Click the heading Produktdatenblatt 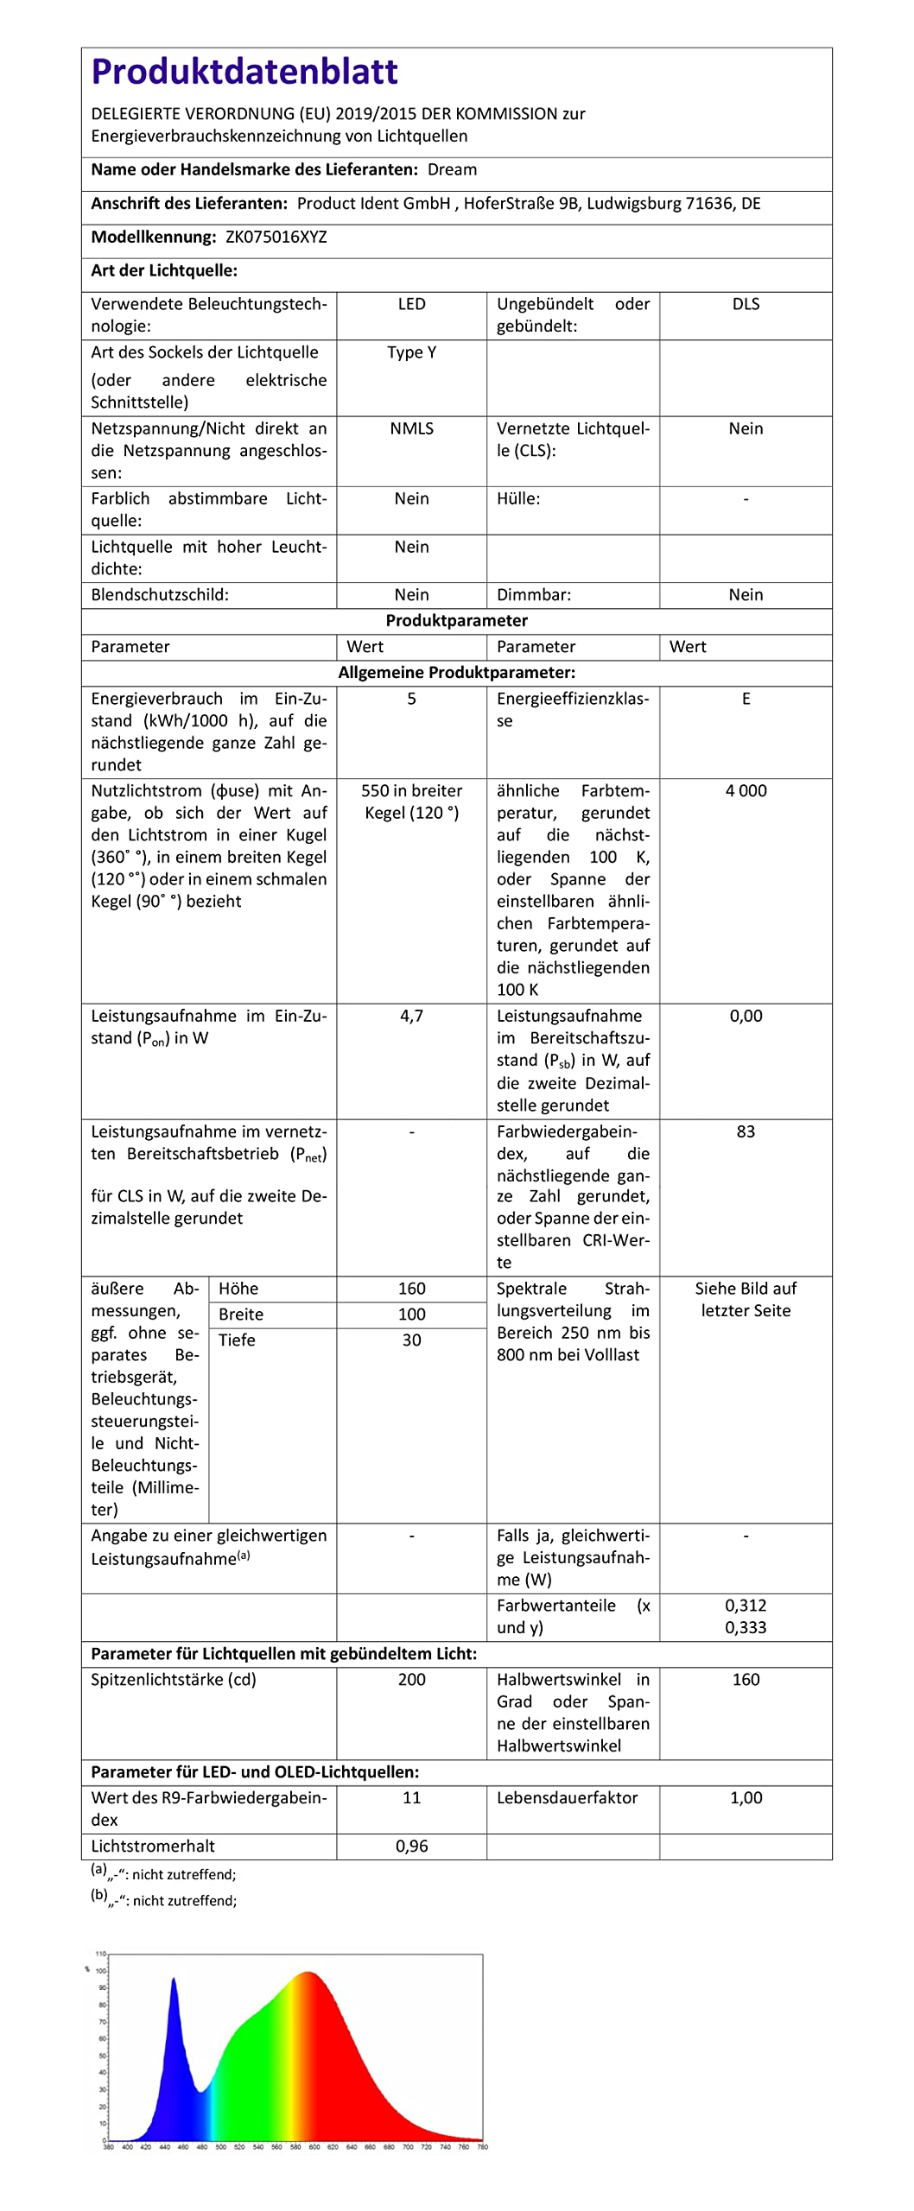[244, 72]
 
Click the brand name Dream [452, 170]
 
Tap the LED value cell [411, 304]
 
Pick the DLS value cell [746, 304]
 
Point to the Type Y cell [411, 352]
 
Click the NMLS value [411, 428]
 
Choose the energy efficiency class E [746, 699]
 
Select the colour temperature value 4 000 [746, 791]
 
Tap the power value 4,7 [411, 1017]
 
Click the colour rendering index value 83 [746, 1131]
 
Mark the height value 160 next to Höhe [411, 1289]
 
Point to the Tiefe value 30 [411, 1340]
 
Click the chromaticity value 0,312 [746, 1606]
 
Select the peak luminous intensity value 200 [411, 1680]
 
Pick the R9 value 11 [411, 1798]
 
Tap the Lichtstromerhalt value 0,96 [411, 1847]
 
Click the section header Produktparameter [456, 621]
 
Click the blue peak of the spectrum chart [174, 1980]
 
